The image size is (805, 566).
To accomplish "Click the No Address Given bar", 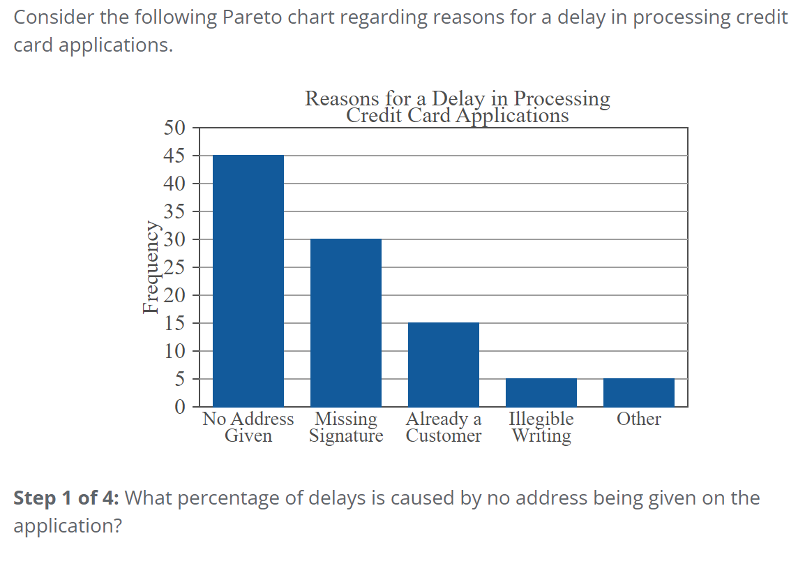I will [248, 281].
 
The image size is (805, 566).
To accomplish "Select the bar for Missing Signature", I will [346, 322].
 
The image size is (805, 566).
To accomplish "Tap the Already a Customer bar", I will [444, 364].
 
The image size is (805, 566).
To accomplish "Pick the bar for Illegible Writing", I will [541, 392].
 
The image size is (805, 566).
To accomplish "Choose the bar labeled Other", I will [639, 392].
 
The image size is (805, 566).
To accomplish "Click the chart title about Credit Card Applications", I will [458, 107].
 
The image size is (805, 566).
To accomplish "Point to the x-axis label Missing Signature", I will [346, 427].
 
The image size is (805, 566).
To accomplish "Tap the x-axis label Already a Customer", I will [444, 427].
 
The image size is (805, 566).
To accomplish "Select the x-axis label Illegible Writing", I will [541, 427].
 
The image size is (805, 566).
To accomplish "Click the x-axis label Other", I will [639, 419].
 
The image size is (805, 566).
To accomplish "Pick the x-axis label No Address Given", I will [248, 427].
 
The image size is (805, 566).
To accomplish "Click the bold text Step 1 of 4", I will [66, 498].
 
